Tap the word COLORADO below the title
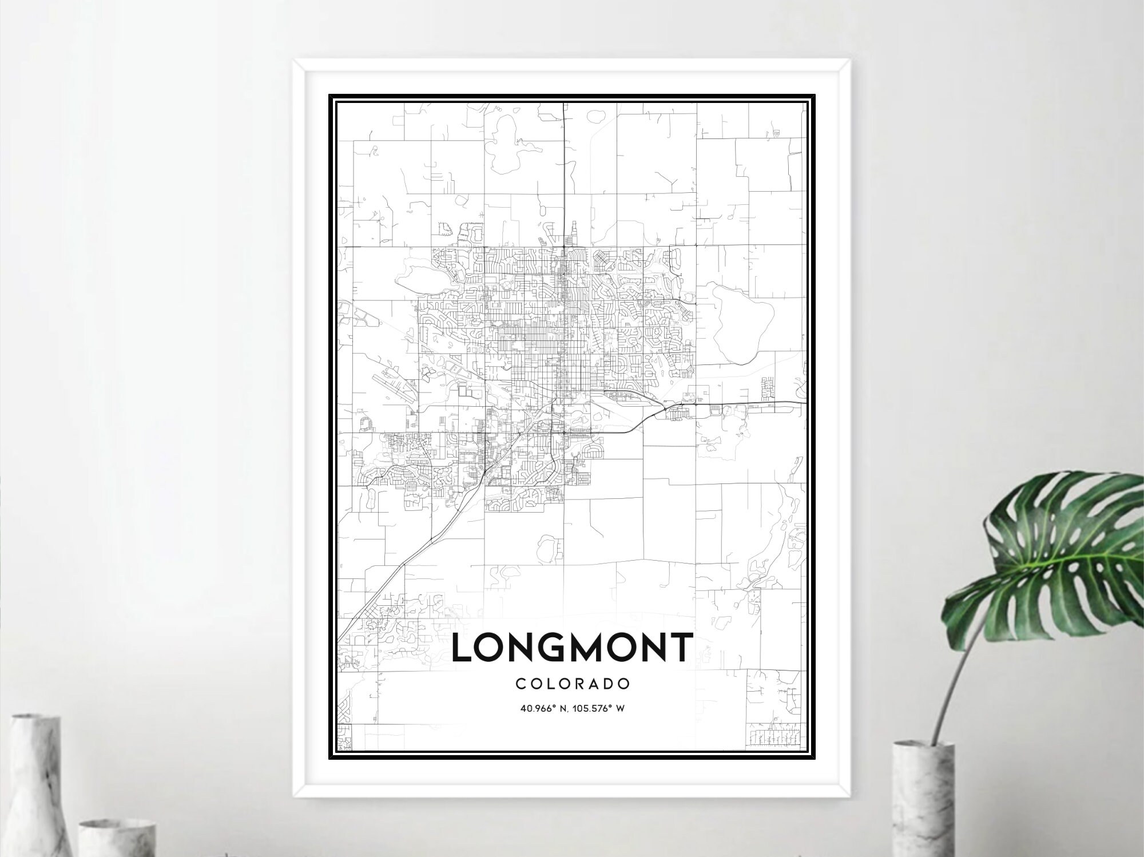click(573, 684)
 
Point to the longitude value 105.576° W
click(598, 709)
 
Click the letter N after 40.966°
click(563, 709)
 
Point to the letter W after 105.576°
click(620, 709)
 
